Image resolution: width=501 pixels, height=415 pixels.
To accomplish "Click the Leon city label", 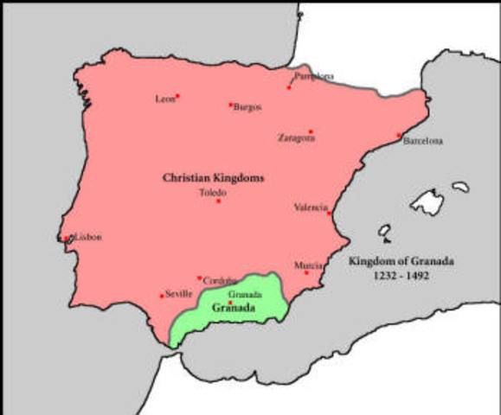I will [164, 99].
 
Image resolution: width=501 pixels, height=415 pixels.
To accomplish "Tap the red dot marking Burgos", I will [231, 105].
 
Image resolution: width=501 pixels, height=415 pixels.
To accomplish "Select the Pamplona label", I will [315, 76].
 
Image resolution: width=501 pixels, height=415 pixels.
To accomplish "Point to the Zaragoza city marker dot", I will [311, 131].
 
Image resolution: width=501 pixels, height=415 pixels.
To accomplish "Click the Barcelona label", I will [423, 141].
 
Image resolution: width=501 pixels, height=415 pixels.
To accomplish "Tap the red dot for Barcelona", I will [400, 135].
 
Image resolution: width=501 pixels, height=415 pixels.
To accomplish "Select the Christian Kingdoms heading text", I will [213, 178].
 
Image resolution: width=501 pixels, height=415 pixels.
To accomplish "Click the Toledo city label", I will [213, 192].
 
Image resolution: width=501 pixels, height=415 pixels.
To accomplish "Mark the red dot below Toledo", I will [219, 201].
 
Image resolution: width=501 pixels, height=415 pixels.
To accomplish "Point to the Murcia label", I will [309, 265].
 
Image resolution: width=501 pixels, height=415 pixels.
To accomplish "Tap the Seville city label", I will [179, 294].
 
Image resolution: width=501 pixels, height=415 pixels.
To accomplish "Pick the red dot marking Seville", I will [162, 296].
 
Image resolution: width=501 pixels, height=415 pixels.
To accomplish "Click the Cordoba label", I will [217, 281].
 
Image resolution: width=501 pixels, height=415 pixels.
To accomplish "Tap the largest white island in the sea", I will [427, 201].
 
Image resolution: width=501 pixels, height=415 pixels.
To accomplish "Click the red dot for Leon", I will [177, 96].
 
